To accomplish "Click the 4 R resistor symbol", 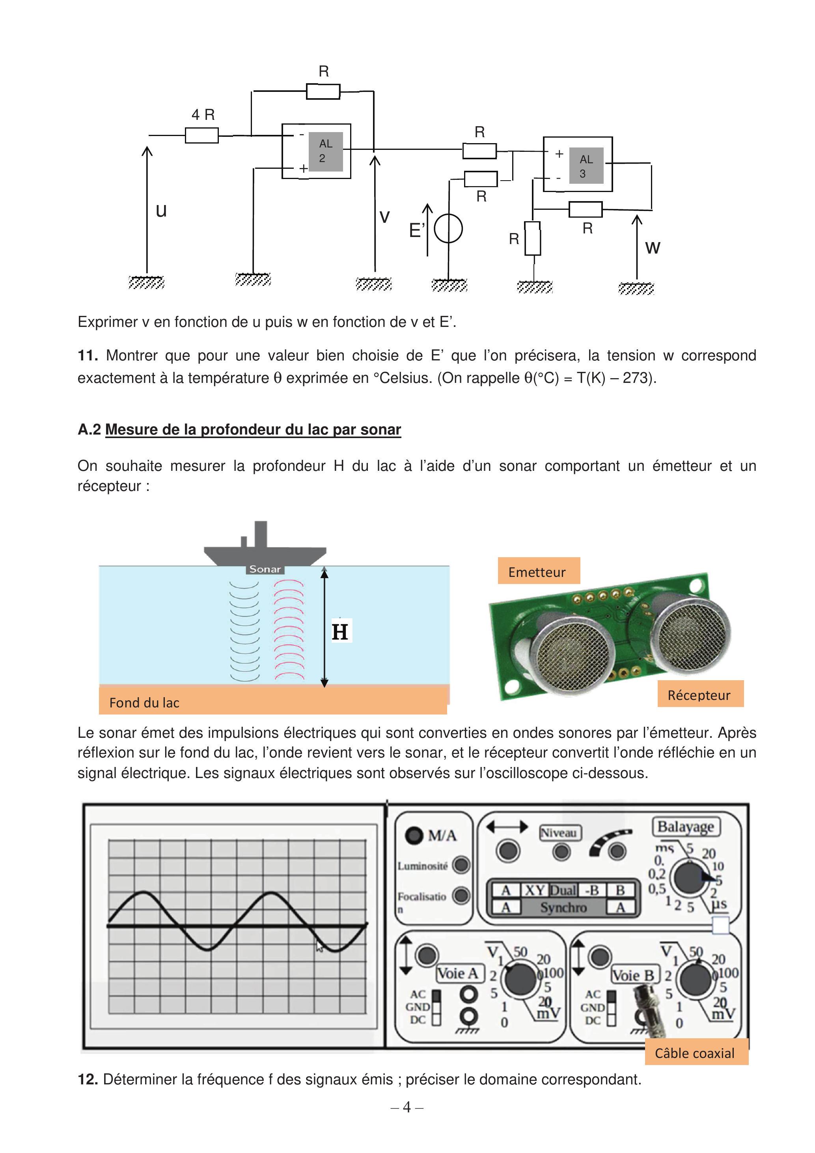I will point(201,135).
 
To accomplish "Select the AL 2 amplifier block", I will point(316,151).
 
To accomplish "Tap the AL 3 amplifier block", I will point(578,164).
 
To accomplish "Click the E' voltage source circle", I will point(448,229).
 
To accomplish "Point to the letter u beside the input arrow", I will point(161,211).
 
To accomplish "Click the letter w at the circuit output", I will point(652,248).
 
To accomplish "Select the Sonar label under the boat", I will point(265,569).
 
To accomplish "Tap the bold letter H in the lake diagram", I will point(340,632).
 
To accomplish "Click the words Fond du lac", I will point(144,703).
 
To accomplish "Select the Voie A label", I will point(457,973).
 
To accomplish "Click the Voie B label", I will point(633,975).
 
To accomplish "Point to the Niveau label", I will point(559,832).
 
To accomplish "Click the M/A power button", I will point(415,836).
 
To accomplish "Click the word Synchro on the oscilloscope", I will point(563,907).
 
